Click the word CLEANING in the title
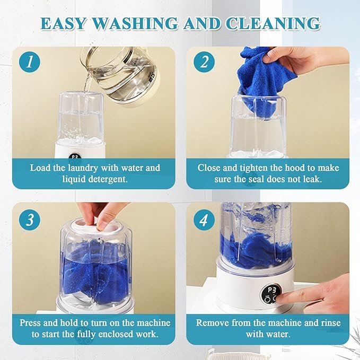click(273, 24)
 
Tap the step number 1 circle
click(30, 62)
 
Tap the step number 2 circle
click(204, 62)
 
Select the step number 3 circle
click(30, 219)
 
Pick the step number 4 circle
click(204, 219)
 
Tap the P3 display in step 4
click(271, 294)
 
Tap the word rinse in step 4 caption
click(331, 323)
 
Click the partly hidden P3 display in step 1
click(75, 156)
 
